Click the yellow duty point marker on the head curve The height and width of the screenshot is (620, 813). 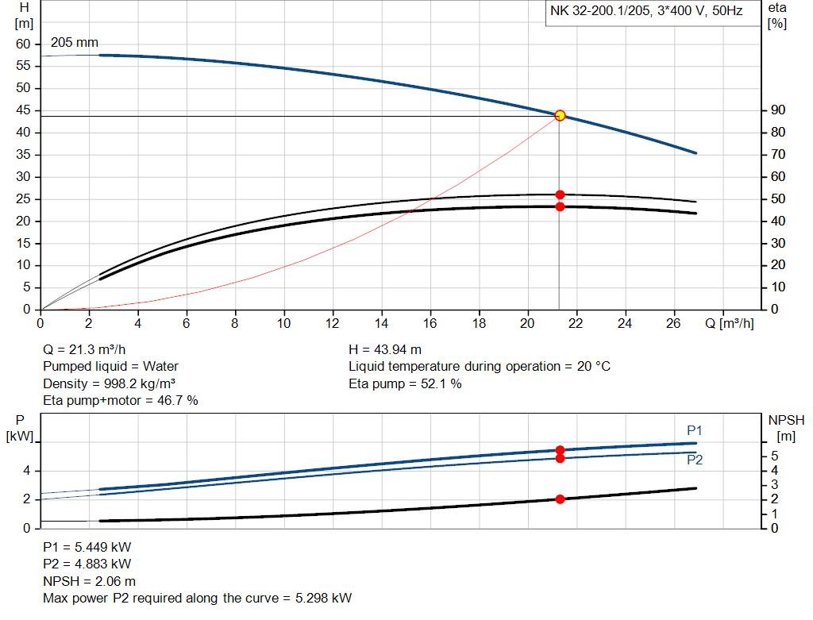pyautogui.click(x=560, y=115)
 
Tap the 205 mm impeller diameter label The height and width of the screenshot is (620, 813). pyautogui.click(x=75, y=43)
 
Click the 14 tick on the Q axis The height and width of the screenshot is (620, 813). pyautogui.click(x=382, y=323)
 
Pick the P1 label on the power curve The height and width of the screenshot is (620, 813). pyautogui.click(x=695, y=430)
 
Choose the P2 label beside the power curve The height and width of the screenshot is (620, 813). pyautogui.click(x=695, y=460)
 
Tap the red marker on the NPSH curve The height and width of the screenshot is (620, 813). pyautogui.click(x=560, y=499)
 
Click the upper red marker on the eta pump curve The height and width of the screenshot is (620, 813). pyautogui.click(x=560, y=194)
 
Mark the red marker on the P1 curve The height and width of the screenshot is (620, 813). pyautogui.click(x=560, y=450)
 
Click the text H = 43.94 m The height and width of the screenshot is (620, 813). pyautogui.click(x=385, y=349)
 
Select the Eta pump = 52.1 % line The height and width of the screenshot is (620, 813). pyautogui.click(x=405, y=384)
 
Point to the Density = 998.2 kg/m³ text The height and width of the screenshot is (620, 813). pyautogui.click(x=109, y=384)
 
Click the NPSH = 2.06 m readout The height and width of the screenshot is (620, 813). pyautogui.click(x=89, y=581)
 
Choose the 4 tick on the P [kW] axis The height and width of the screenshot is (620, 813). pyautogui.click(x=26, y=471)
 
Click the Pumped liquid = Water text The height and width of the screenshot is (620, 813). pyautogui.click(x=110, y=367)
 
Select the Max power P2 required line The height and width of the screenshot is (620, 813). pyautogui.click(x=197, y=599)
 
